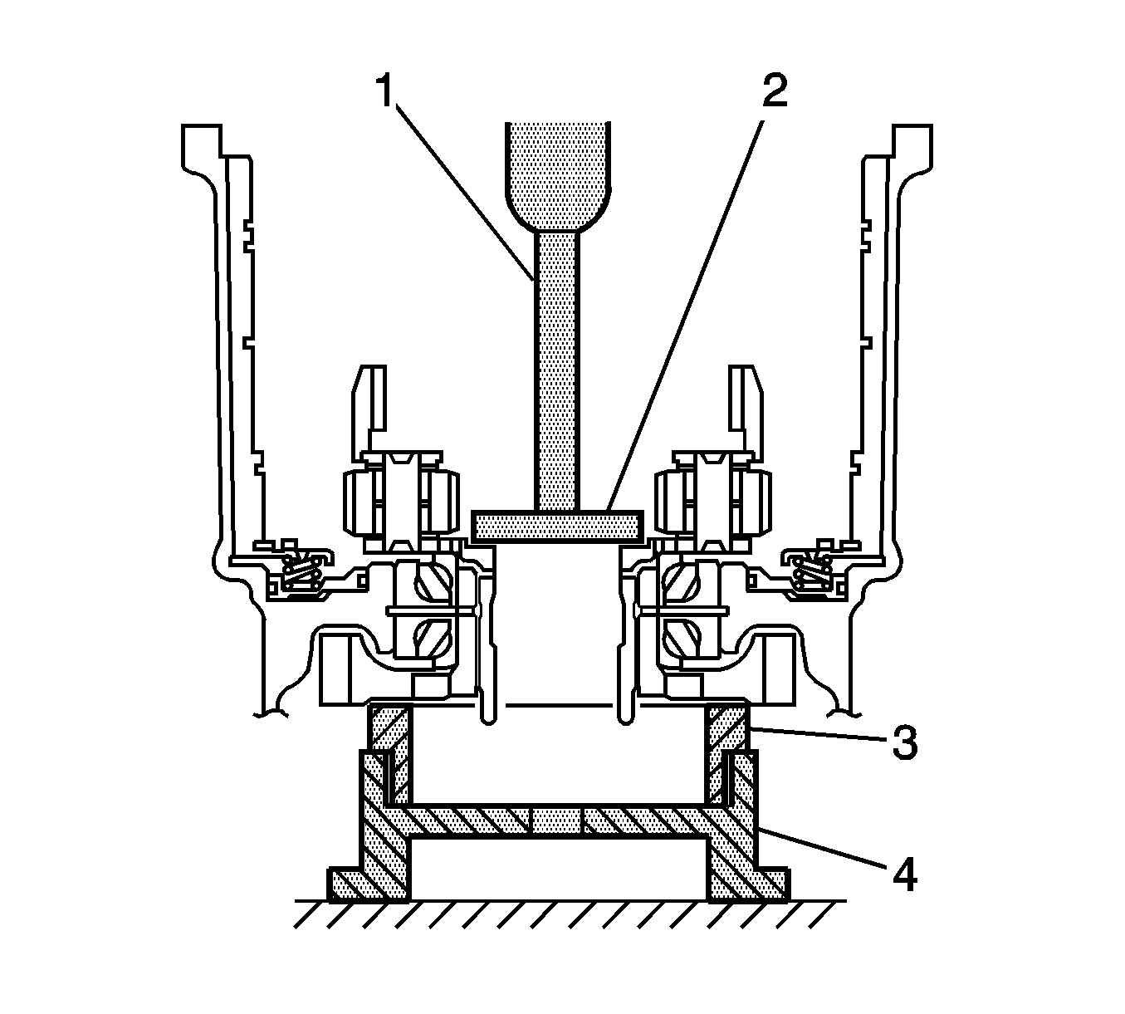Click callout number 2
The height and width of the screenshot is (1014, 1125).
pos(773,91)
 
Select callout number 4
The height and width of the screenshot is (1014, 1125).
pos(904,875)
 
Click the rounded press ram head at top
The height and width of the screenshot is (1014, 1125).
pos(559,174)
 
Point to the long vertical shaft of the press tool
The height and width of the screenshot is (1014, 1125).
pos(555,365)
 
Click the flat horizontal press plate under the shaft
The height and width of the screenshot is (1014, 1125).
pos(556,525)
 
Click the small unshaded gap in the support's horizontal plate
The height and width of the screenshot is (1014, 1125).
pos(556,821)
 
